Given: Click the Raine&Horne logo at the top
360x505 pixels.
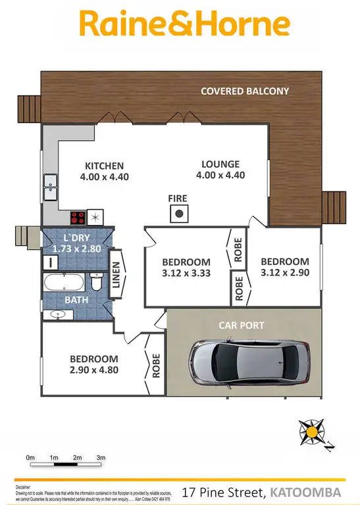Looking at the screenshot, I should pos(184,24).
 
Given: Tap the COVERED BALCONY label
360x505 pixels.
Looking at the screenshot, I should pos(245,91).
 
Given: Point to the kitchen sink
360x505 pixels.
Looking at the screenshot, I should pos(49,188).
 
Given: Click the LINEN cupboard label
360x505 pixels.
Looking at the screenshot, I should pos(117,276).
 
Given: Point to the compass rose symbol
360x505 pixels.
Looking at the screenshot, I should pos(311,433).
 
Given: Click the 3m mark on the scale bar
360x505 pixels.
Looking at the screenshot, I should pos(101,457).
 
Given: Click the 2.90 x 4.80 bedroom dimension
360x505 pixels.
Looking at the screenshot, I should pos(94,371).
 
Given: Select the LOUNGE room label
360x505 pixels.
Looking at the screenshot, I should pos(220,164).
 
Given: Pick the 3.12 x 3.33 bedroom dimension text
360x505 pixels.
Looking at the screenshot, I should pos(186,273).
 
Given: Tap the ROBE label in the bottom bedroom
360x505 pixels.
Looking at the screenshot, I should pos(157,365).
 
